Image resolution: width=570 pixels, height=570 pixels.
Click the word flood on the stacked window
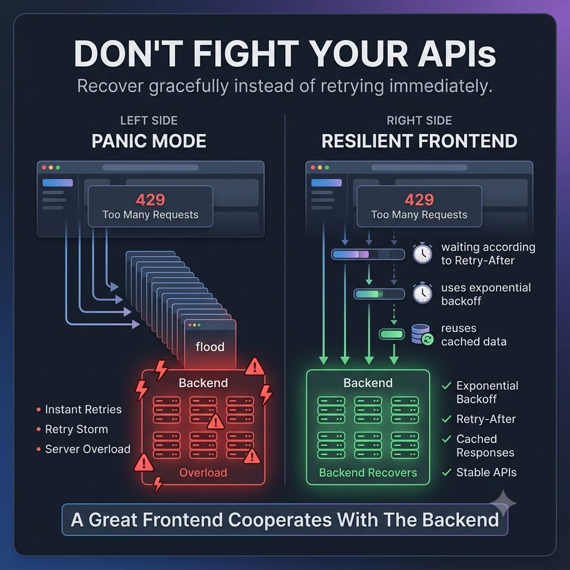[210, 347]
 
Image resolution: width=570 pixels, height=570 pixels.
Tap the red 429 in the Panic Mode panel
[150, 200]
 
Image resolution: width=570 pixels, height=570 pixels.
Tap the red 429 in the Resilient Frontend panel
[419, 200]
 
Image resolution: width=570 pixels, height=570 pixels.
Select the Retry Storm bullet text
[76, 429]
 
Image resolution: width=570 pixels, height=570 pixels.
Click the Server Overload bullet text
[87, 449]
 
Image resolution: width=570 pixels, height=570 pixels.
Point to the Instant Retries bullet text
[83, 410]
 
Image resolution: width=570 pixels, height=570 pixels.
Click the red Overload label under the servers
[203, 473]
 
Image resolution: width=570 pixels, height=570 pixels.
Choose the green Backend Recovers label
[368, 473]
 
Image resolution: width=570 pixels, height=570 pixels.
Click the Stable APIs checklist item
[487, 472]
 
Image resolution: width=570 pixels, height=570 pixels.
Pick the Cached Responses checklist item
[485, 446]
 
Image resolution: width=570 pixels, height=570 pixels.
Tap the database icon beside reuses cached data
[422, 335]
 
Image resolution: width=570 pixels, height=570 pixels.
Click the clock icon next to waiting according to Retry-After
[422, 253]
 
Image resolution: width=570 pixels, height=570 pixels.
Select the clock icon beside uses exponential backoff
[422, 293]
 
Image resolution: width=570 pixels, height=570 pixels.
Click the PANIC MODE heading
[149, 141]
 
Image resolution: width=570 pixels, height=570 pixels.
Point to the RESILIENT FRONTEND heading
[419, 141]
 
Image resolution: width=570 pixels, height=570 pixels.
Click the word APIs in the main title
[457, 54]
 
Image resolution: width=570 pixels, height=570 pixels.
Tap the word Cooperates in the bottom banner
[280, 520]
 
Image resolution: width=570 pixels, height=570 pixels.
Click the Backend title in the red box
[203, 383]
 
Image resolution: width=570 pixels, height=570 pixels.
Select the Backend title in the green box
[368, 383]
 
